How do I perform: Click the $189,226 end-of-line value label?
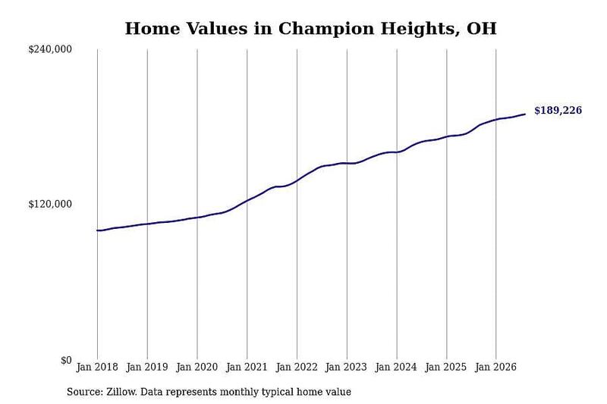[x=558, y=111]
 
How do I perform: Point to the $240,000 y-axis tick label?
[x=50, y=49]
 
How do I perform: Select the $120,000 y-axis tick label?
[x=50, y=204]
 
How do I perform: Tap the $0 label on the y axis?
[x=66, y=360]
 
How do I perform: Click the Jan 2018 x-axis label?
[x=97, y=367]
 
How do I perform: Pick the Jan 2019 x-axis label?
[x=147, y=367]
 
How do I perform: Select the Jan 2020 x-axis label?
[x=197, y=367]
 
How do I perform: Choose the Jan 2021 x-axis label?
[x=247, y=367]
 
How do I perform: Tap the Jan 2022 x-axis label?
[x=297, y=367]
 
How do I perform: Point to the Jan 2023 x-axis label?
[x=347, y=367]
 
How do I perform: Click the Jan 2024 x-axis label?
[x=396, y=367]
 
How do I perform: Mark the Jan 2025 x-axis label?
[x=446, y=367]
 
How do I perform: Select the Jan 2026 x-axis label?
[x=496, y=367]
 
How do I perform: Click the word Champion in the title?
[x=326, y=29]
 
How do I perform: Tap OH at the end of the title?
[x=482, y=29]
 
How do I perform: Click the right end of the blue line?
[x=525, y=114]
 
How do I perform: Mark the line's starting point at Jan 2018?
[x=97, y=230]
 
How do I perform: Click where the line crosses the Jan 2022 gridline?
[x=297, y=180]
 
